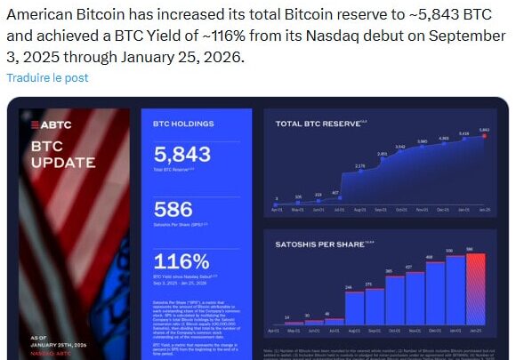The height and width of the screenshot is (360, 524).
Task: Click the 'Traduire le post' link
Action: coord(47,77)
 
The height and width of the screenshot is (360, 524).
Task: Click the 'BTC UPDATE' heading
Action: coord(62,153)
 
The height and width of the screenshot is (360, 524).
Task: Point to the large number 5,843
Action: coord(181,154)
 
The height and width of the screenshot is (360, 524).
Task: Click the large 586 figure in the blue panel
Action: coord(173,209)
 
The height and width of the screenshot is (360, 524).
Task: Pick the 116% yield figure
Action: coord(181,262)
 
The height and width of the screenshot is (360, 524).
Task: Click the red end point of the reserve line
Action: coord(484,136)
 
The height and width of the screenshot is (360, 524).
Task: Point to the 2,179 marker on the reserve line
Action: coord(360,172)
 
